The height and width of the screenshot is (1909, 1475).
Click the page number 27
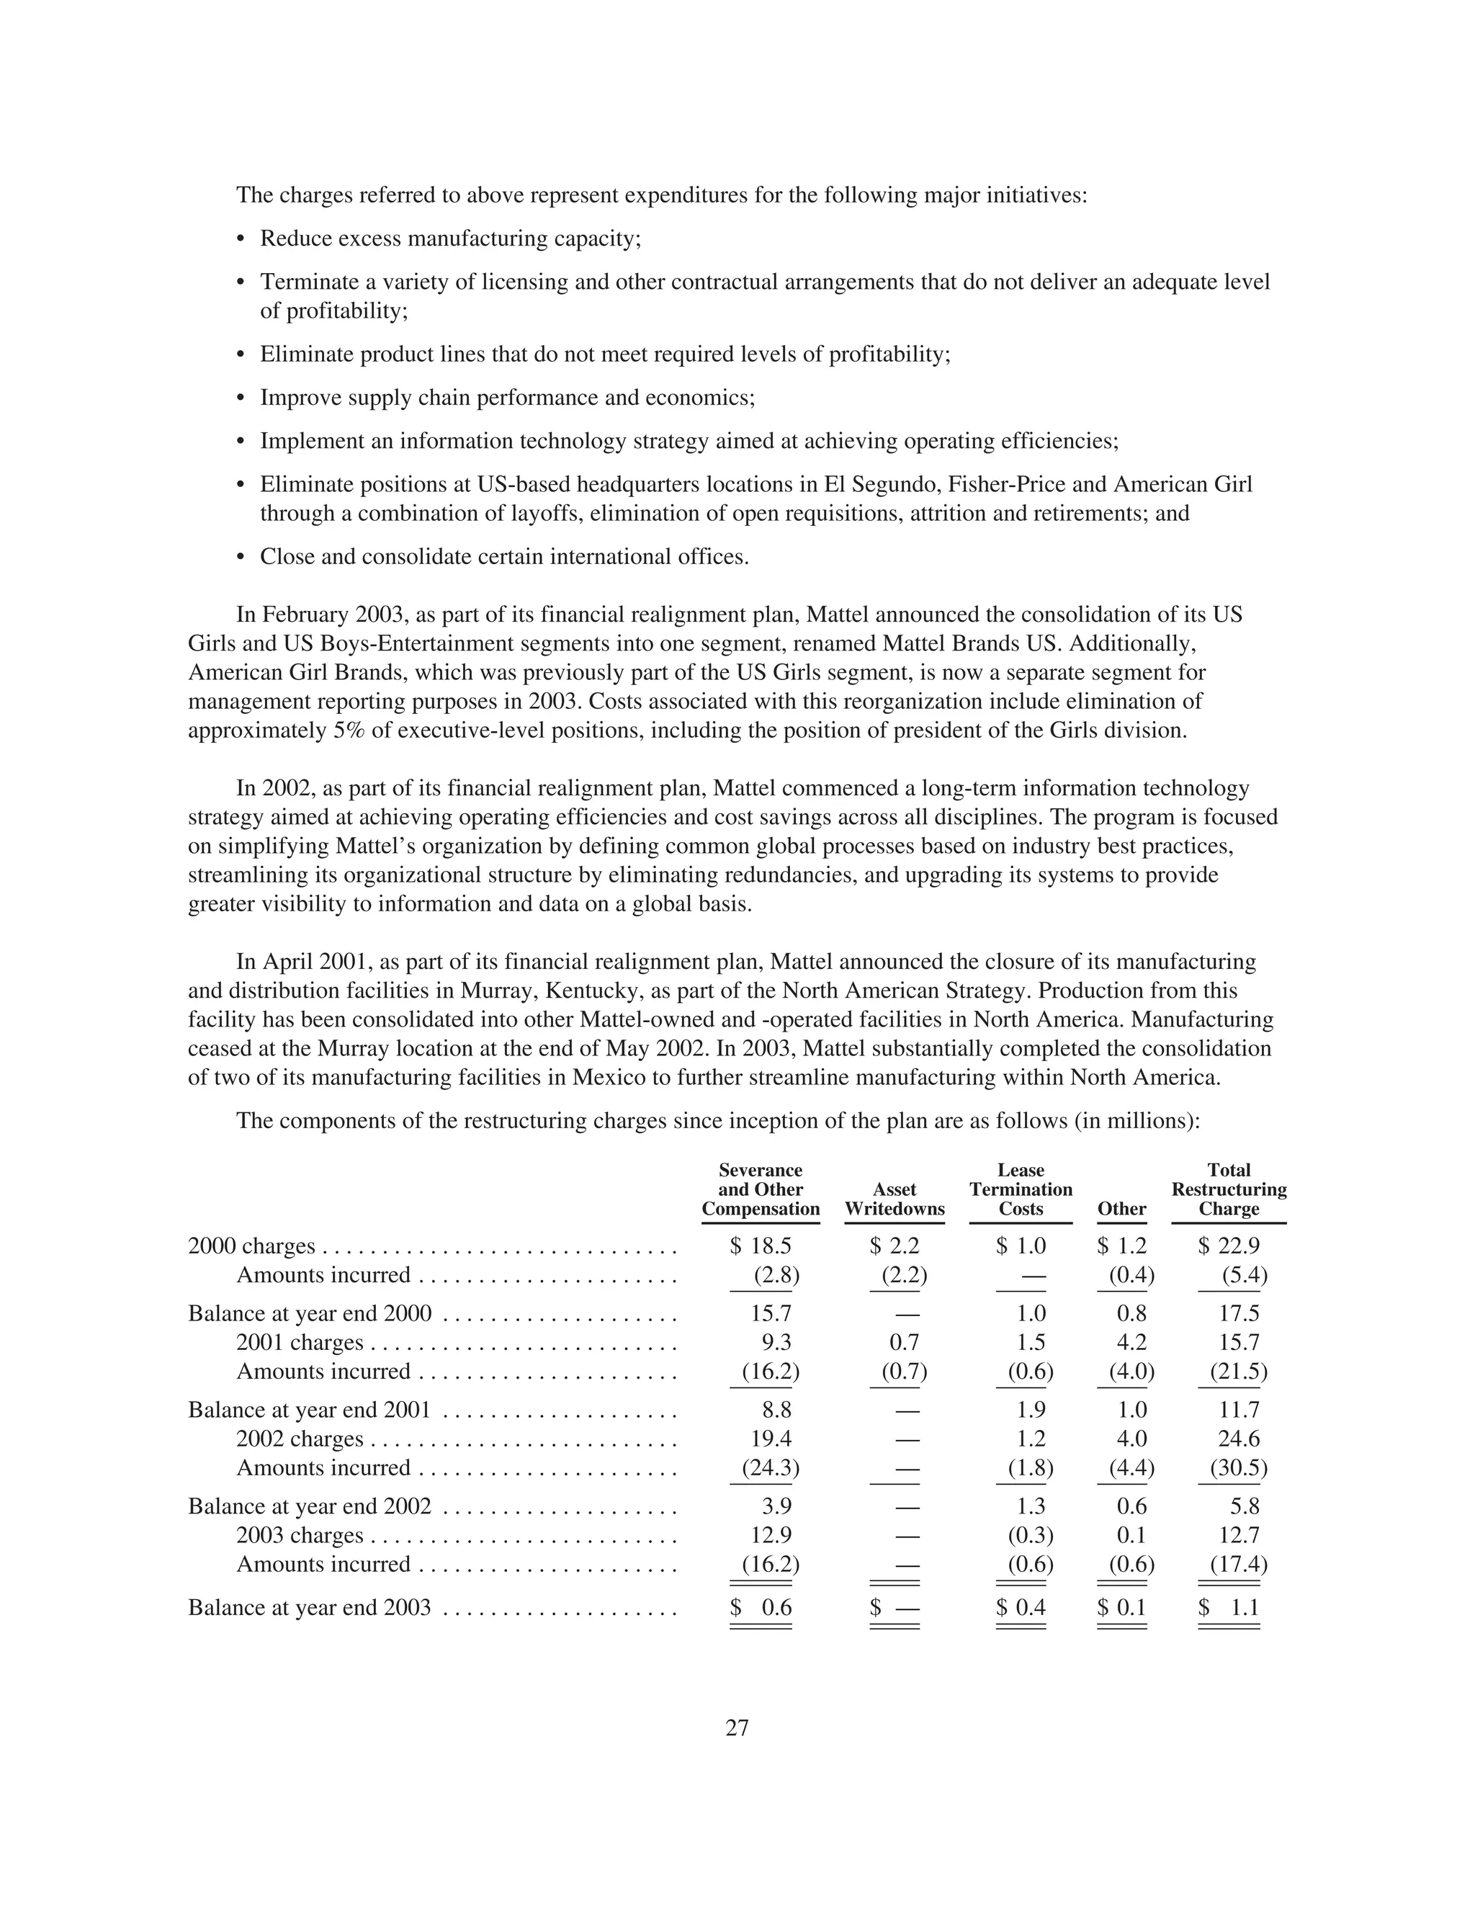point(737,1728)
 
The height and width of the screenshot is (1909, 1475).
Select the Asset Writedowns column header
point(894,1199)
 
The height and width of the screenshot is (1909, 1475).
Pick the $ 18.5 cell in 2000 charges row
point(761,1246)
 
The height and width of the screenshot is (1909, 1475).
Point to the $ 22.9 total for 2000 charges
point(1228,1246)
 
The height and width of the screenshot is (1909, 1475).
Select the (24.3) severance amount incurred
point(770,1467)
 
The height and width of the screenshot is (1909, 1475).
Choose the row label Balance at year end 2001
point(309,1410)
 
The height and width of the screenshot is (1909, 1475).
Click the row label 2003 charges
point(299,1535)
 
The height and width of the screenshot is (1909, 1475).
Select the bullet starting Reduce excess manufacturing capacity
point(450,238)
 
